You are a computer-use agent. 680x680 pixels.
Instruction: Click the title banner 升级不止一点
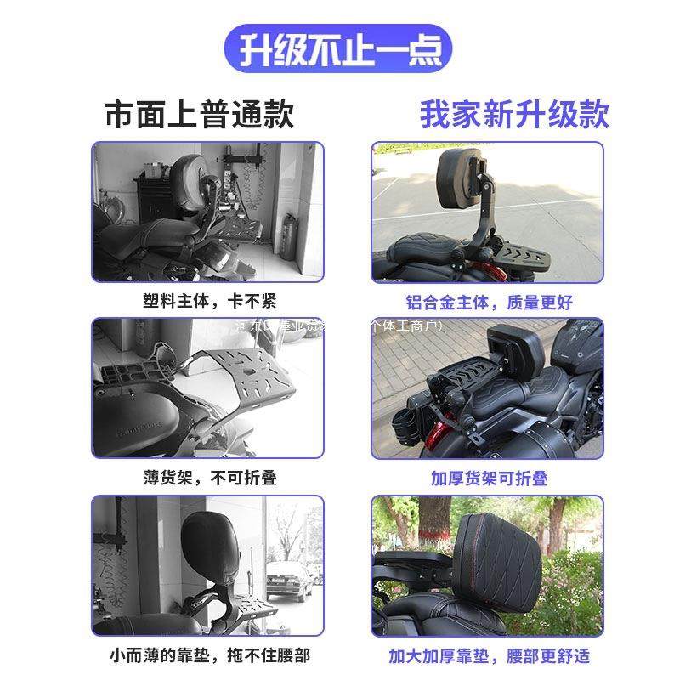(x=340, y=48)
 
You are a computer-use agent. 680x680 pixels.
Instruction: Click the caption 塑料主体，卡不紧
(x=208, y=301)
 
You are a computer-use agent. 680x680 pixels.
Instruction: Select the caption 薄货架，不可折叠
(x=208, y=478)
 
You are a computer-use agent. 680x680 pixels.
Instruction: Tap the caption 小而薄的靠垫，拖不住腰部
(x=208, y=655)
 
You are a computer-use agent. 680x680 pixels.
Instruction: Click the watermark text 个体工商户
(x=404, y=325)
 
